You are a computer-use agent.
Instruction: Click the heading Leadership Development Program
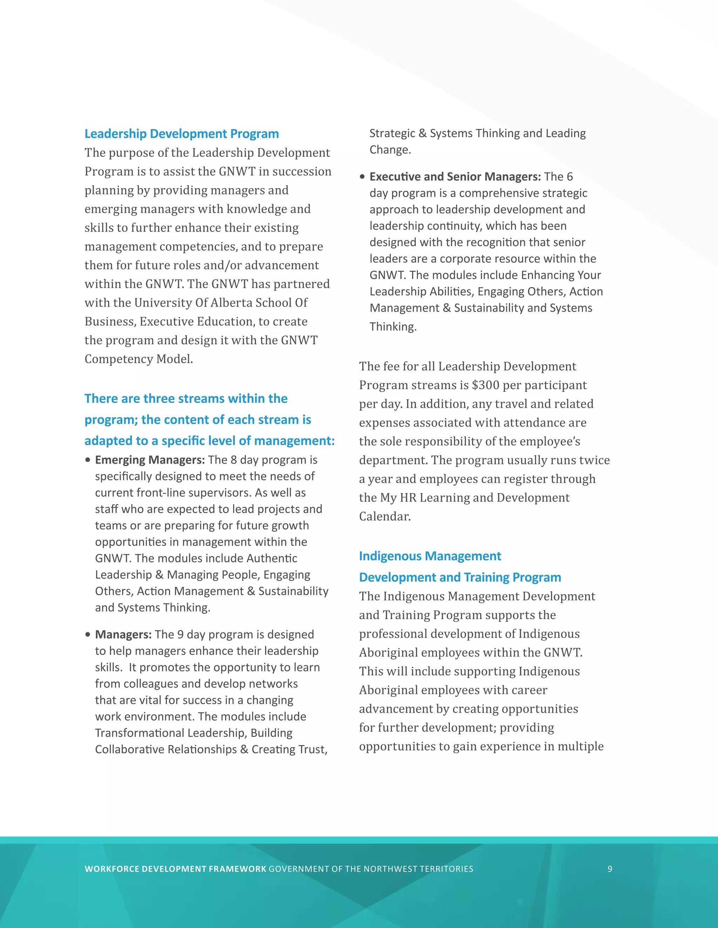click(x=182, y=134)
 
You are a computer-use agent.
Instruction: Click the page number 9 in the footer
click(x=610, y=869)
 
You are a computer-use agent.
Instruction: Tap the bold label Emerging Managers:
click(x=150, y=460)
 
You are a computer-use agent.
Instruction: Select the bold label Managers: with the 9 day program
click(x=123, y=635)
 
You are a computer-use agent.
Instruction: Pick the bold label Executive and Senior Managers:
click(x=455, y=176)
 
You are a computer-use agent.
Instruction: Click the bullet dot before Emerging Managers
click(x=88, y=460)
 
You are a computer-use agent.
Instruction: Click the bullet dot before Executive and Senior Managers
click(x=363, y=177)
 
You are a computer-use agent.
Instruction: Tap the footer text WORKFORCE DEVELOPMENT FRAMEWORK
click(x=175, y=869)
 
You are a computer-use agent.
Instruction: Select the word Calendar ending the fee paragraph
click(x=385, y=516)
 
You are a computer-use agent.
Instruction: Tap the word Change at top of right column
click(x=390, y=150)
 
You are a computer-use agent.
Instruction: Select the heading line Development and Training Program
click(x=460, y=577)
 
